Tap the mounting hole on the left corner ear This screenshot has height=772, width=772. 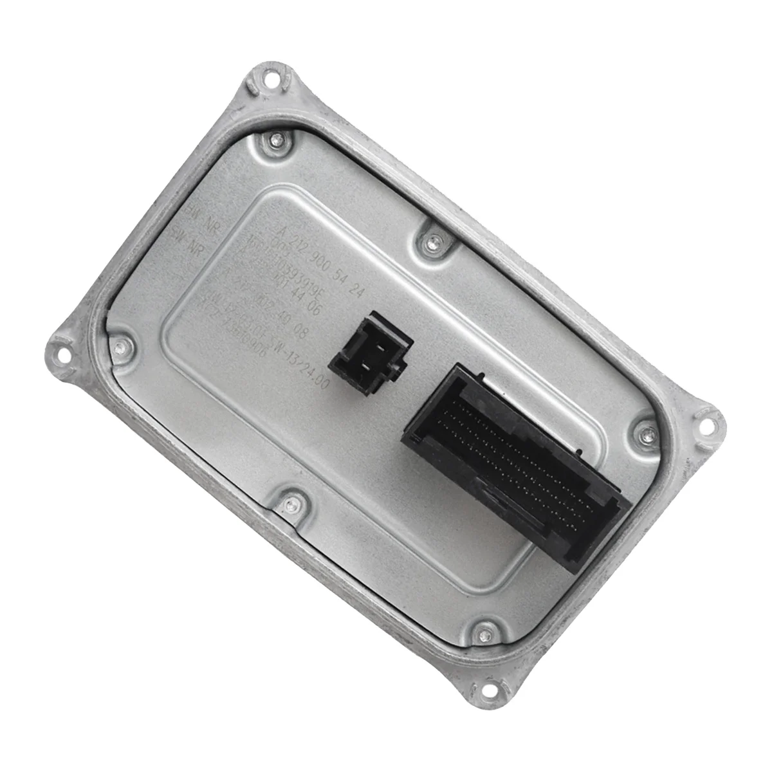point(62,352)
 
